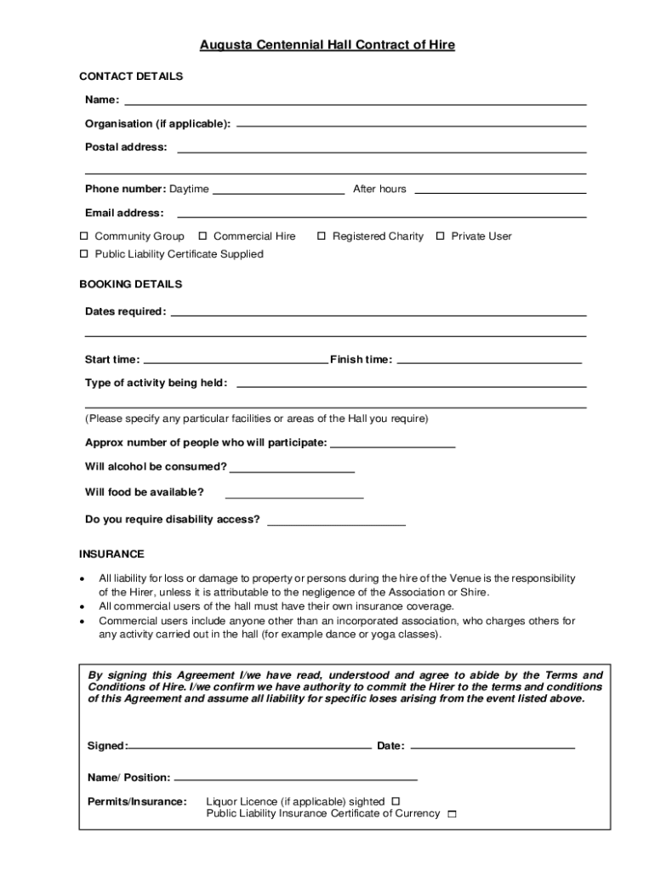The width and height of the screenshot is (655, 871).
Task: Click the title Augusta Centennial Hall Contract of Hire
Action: coord(327,45)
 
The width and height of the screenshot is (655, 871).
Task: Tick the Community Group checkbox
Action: coord(84,236)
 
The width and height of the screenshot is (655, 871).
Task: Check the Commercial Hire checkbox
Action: coord(203,236)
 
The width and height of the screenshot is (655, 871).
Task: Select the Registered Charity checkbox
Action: coord(322,236)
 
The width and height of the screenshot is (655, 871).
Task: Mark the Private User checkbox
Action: coord(441,236)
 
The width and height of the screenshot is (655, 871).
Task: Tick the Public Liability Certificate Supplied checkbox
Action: coord(84,254)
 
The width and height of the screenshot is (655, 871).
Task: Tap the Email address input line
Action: coord(381,215)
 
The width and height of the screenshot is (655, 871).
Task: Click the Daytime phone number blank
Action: coord(278,191)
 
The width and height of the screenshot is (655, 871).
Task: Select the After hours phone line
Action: coord(500,191)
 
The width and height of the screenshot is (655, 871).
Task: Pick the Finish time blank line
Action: coord(489,361)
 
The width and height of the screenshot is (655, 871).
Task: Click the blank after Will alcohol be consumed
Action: coord(292,470)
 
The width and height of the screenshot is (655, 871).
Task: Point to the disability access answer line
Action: coord(336,522)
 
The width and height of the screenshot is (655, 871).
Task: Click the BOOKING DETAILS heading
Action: coord(130,284)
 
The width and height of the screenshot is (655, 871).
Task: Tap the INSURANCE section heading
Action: coord(111,555)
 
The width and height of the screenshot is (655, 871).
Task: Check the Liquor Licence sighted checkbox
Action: coord(396,801)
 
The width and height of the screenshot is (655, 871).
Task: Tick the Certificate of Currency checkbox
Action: coord(452,815)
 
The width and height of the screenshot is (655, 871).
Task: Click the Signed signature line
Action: coord(249,748)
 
